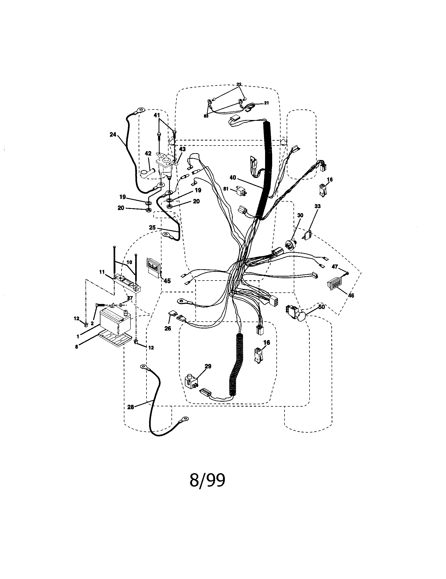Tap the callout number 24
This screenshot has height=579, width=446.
click(x=113, y=135)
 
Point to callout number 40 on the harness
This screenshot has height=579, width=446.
click(x=233, y=178)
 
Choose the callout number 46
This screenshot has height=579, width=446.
click(x=351, y=296)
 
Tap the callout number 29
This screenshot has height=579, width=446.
click(x=208, y=366)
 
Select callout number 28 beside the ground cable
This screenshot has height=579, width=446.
click(x=131, y=407)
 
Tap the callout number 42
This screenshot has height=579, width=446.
click(x=148, y=153)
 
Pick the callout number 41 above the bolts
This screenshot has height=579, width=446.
click(x=157, y=116)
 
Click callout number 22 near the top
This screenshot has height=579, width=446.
click(x=239, y=84)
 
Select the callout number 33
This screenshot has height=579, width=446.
click(x=317, y=206)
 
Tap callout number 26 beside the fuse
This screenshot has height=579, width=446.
click(x=168, y=328)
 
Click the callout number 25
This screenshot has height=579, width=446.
click(x=152, y=227)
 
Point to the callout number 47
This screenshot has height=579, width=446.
click(x=335, y=267)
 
